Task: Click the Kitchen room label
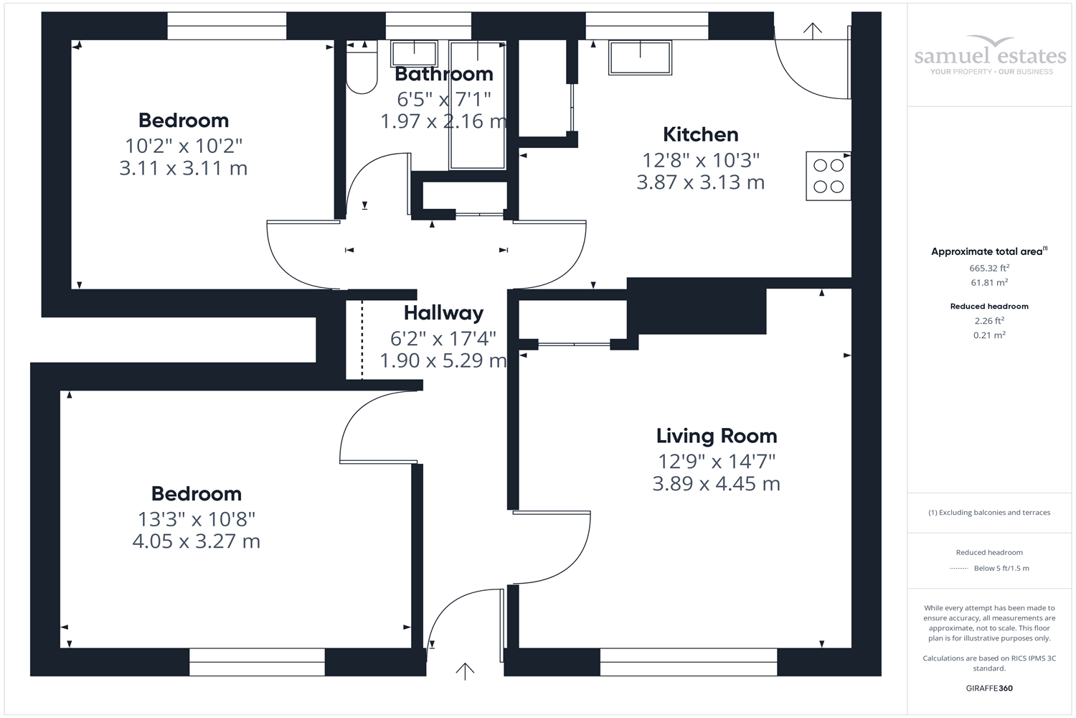[700, 135]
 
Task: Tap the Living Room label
[717, 437]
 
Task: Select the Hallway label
[443, 313]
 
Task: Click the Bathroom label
[444, 74]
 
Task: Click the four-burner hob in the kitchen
[828, 176]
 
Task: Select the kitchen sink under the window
[640, 57]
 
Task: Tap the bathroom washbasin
[414, 53]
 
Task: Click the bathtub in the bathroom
[478, 106]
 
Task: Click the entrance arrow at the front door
[465, 671]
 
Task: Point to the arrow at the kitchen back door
[812, 31]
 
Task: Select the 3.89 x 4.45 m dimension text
[716, 484]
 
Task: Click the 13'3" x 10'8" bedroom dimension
[197, 519]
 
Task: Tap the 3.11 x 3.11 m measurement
[184, 168]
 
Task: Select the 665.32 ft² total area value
[989, 268]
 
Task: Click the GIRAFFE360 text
[989, 688]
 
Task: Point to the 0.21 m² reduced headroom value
[989, 335]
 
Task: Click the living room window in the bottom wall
[689, 662]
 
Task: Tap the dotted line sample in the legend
[959, 569]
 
